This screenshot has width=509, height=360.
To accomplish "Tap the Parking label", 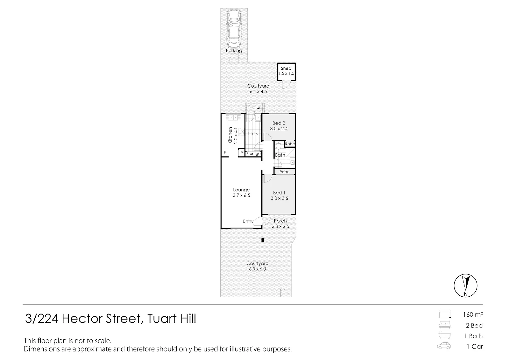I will tap(234, 51).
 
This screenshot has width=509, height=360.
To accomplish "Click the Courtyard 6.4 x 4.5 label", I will tap(258, 89).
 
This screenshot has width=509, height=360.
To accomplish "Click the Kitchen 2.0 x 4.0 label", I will tap(233, 135).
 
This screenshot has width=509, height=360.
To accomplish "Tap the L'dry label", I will tap(253, 134).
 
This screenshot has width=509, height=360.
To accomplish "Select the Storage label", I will tap(253, 154).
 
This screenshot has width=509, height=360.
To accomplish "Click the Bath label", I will tap(280, 155).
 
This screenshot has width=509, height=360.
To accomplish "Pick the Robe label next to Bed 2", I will tap(290, 144).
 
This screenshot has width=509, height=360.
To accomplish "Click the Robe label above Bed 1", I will tap(284, 172).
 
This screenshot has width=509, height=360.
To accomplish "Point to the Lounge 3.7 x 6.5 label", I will tap(241, 193).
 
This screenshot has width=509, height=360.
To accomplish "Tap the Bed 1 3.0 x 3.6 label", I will tap(279, 195).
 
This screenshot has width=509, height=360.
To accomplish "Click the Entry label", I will tap(248, 221).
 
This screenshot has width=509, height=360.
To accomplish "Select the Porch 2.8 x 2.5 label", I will tap(280, 223).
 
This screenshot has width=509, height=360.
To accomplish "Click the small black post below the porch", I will tap(263, 240).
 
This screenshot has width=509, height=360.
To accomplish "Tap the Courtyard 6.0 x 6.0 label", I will tap(257, 266).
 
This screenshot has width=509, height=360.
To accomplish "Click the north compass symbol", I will tap(465, 286).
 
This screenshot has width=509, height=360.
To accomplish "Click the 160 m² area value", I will tap(473, 314).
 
